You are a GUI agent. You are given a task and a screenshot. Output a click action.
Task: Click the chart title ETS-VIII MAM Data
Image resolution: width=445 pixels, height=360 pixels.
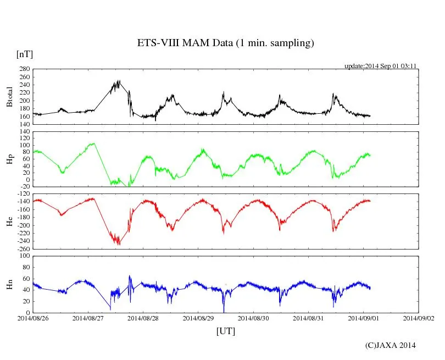click(225, 43)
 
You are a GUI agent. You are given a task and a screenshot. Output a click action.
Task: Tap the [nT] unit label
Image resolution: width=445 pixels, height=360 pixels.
click(24, 54)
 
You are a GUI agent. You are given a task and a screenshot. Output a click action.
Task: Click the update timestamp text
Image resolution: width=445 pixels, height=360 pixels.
click(380, 65)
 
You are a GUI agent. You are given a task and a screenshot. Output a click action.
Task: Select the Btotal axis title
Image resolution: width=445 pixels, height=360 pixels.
click(9, 97)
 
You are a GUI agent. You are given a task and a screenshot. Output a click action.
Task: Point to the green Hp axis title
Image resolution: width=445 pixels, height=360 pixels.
click(9, 159)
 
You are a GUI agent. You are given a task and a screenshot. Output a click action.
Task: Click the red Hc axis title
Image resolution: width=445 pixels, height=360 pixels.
click(9, 221)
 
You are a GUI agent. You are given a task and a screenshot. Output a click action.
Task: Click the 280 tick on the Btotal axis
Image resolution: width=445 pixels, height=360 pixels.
click(24, 69)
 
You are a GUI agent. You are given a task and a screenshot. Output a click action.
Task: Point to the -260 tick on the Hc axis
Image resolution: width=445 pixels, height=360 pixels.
click(22, 248)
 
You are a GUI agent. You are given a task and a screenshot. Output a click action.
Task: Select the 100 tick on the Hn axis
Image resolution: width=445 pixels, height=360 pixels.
click(24, 256)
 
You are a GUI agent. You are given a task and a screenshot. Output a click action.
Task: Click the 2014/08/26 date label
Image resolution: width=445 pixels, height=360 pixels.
click(32, 318)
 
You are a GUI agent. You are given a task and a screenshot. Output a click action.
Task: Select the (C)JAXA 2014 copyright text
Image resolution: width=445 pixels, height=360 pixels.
click(390, 345)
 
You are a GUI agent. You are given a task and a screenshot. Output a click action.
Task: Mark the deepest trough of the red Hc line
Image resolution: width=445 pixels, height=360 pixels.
click(119, 244)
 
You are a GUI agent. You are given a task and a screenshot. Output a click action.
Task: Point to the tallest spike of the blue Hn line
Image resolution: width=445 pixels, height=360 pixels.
click(130, 276)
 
